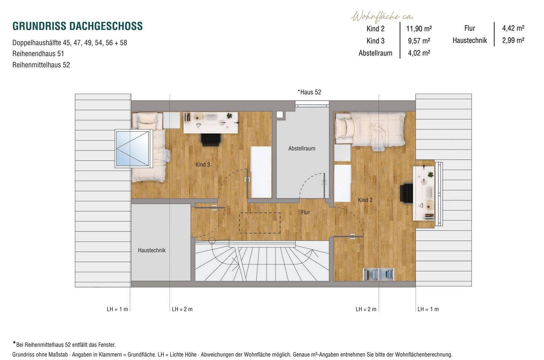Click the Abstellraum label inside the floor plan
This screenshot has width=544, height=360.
click(x=301, y=148)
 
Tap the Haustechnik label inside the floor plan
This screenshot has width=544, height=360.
click(x=151, y=250)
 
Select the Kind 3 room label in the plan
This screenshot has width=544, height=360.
click(x=202, y=164)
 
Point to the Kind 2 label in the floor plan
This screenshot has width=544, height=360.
click(x=365, y=200)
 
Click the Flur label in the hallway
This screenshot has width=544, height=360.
click(x=306, y=212)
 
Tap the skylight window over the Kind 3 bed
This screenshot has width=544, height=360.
click(x=133, y=149)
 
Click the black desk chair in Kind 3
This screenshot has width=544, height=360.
click(x=211, y=140)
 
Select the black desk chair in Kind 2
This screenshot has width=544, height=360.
click(x=406, y=193)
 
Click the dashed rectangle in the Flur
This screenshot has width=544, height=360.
click(x=260, y=223)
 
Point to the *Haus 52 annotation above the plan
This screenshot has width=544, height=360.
click(x=309, y=92)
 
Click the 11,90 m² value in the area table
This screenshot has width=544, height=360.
click(x=419, y=29)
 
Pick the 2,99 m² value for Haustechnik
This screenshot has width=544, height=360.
click(x=513, y=40)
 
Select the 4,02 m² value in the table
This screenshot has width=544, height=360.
click(x=419, y=53)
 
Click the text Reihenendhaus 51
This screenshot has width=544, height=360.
click(x=38, y=54)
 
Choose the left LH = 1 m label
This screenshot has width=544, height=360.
click(x=117, y=309)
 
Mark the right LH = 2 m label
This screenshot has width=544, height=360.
click(x=366, y=309)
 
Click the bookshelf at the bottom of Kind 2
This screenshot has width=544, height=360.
click(x=379, y=274)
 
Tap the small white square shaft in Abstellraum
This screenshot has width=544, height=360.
click(x=280, y=115)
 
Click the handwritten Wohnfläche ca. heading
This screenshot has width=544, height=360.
click(x=382, y=17)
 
